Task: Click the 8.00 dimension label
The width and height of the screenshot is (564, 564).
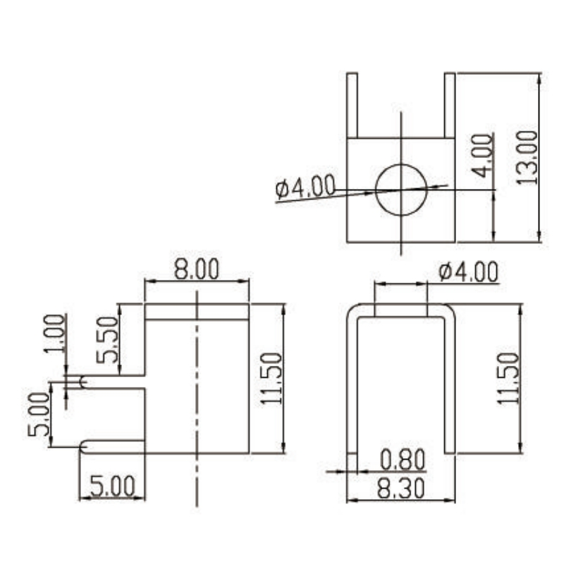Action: (197, 269)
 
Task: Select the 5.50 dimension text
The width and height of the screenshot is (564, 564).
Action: (107, 339)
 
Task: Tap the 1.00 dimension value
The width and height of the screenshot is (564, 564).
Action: (55, 333)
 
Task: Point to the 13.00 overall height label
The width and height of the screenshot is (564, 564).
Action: (527, 158)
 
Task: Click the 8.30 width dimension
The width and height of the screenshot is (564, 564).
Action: (400, 489)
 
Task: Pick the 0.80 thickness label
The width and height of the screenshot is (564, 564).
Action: (403, 460)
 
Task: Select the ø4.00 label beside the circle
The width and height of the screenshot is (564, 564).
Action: (305, 187)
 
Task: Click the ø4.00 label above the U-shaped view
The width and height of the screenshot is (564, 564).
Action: (468, 272)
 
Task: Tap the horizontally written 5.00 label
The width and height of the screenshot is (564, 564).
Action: (112, 486)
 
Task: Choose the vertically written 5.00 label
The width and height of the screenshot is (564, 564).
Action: (39, 415)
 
